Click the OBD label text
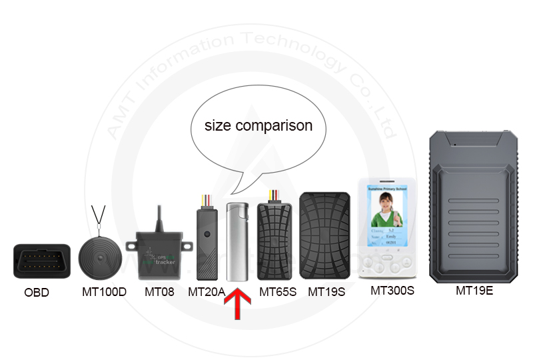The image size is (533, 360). coord(37,292)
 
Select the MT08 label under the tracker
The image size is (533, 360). coord(159,291)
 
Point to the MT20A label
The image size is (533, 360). coord(206,291)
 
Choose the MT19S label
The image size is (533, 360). coord(326,291)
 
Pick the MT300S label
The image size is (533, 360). coord(392,290)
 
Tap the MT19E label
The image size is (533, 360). coord(474,290)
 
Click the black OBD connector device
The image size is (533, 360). coord(41,261)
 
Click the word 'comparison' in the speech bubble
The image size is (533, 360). coord(277,125)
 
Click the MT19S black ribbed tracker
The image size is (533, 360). coord(325,236)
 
